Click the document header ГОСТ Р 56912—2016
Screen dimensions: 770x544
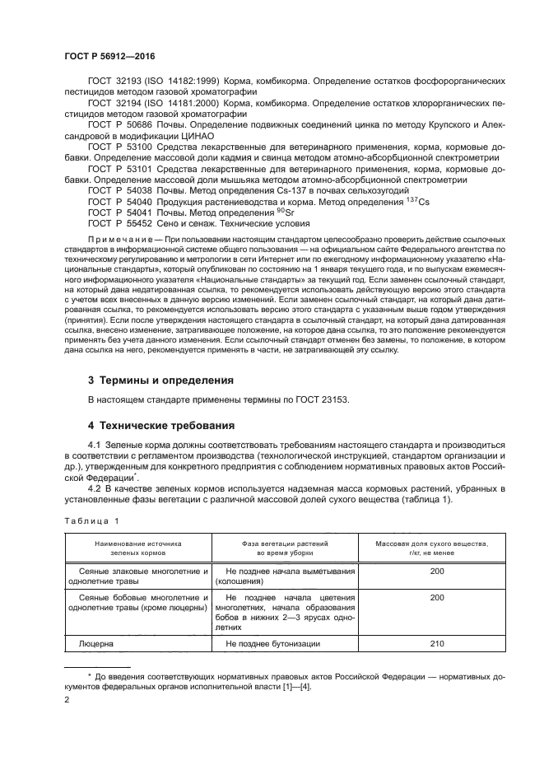[x=109, y=56]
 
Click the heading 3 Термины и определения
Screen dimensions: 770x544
[x=160, y=380]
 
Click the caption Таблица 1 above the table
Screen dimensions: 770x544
[x=91, y=520]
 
